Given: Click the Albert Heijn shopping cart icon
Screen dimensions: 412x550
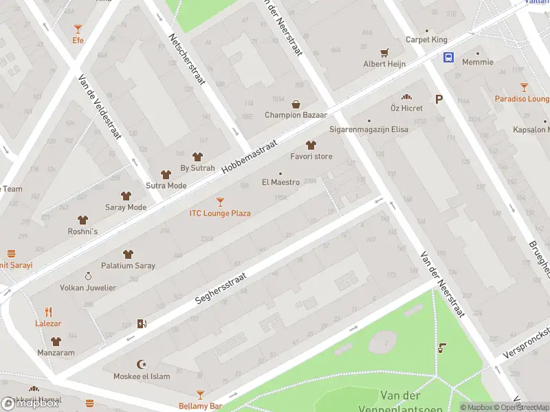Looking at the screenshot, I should click(384, 52).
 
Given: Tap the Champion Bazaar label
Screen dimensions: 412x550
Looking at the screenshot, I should click(296, 115).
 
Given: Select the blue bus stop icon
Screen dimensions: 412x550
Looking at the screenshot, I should click(448, 57).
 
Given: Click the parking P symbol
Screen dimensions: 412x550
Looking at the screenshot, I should click(439, 100).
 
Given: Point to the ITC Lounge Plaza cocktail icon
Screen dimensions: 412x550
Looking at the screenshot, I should click(220, 202).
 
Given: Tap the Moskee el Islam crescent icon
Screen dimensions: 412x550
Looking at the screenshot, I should click(143, 365).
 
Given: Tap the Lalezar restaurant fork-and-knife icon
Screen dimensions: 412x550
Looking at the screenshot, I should click(48, 312).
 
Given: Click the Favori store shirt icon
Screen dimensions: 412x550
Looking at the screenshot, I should click(311, 145).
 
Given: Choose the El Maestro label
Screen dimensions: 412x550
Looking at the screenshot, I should click(280, 182).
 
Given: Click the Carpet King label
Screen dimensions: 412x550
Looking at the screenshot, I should click(426, 40).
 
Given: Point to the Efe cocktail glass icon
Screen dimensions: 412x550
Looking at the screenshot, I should click(78, 29).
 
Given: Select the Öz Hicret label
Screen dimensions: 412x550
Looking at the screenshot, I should click(406, 108).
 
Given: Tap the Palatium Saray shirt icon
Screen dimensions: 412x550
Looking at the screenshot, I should click(128, 254).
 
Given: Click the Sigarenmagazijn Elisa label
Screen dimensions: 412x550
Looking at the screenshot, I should click(368, 129).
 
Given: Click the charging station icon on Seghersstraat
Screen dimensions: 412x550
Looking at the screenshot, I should click(142, 323).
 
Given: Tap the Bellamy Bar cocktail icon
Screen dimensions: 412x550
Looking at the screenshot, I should click(200, 395).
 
